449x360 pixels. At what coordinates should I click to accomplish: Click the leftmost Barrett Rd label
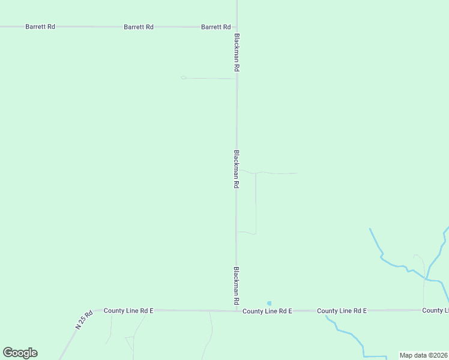point(40,27)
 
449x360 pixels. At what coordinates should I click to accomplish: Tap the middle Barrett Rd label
point(139,27)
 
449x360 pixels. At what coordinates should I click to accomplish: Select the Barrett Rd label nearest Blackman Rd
point(216,27)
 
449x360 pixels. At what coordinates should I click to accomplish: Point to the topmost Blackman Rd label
point(237,53)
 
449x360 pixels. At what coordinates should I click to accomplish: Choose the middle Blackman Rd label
point(237,169)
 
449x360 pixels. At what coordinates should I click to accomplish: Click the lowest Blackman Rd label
point(237,286)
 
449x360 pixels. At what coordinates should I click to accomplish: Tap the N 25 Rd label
point(85,319)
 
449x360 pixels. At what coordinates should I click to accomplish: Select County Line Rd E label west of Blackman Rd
point(128,310)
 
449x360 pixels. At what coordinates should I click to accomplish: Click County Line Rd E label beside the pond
point(267,311)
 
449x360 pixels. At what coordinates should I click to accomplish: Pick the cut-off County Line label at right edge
point(435,310)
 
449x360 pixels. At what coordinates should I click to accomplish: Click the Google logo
point(20,353)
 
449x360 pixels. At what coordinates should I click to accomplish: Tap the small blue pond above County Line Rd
point(269,303)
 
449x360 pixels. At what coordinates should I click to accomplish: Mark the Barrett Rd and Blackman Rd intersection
point(237,27)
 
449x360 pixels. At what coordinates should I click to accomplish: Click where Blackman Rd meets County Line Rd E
point(237,310)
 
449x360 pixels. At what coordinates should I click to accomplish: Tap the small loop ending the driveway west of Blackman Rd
point(183,77)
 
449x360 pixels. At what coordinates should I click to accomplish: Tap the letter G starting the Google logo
point(8,353)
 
